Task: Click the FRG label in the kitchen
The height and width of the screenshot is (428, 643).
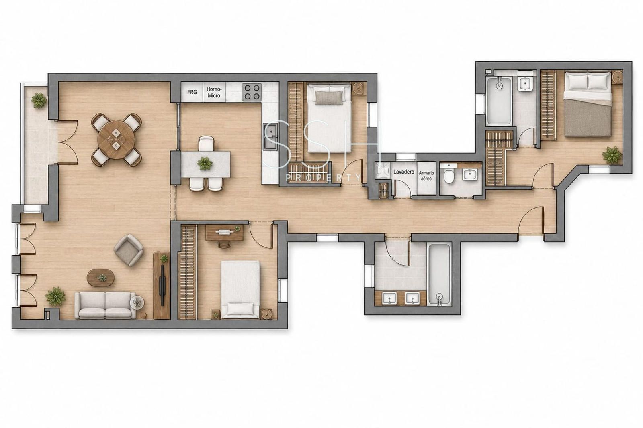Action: tap(192, 92)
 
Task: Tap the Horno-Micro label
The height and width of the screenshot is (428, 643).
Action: tap(214, 92)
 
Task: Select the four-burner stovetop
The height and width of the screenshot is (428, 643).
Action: tap(252, 92)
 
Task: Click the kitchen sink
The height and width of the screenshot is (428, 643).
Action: tap(271, 136)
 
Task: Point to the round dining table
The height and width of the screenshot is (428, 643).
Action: tap(116, 140)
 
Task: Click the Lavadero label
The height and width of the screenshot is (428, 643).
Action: tap(403, 172)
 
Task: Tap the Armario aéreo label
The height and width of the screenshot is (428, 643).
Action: tap(426, 176)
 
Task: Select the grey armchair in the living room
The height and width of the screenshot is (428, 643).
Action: tap(129, 250)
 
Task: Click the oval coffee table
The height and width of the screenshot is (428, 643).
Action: tap(101, 278)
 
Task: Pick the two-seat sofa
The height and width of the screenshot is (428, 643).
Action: tap(105, 305)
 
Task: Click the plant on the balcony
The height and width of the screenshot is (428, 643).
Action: tap(39, 100)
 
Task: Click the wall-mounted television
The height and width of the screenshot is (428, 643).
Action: tap(162, 285)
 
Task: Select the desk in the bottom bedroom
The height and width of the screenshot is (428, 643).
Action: tap(225, 232)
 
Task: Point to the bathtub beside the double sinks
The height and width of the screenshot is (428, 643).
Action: tap(439, 275)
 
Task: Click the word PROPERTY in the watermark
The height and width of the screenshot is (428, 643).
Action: tap(324, 178)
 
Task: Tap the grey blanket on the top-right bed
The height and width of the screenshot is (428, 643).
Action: tap(587, 118)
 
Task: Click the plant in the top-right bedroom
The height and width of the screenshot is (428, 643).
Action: tap(612, 155)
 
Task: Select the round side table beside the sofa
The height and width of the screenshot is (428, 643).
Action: tap(137, 302)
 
